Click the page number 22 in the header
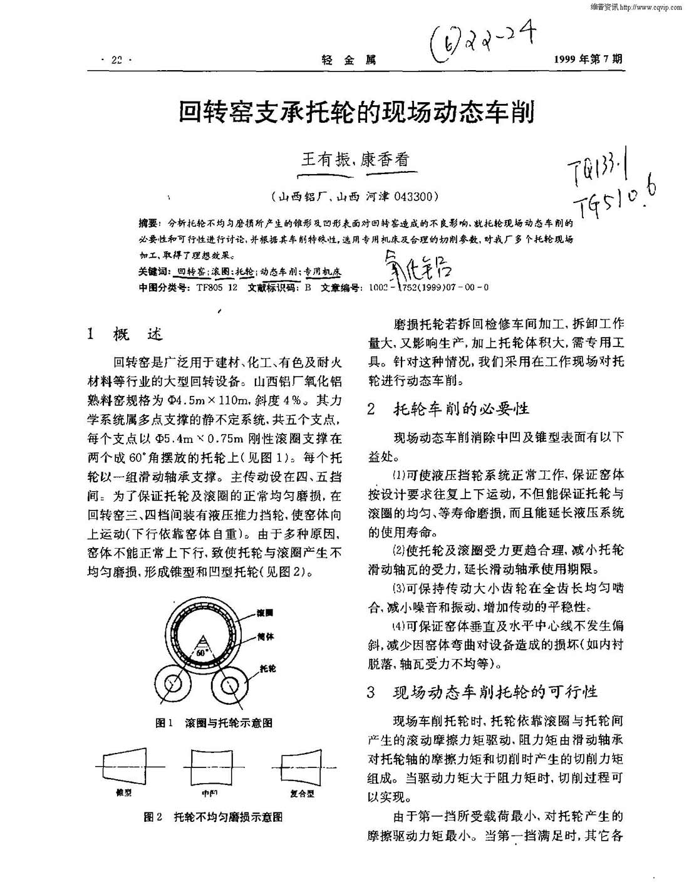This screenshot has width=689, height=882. click(x=116, y=61)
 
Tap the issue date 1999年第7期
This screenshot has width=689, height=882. click(x=588, y=60)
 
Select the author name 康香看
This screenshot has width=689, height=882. click(x=388, y=159)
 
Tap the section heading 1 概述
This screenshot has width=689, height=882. click(x=125, y=335)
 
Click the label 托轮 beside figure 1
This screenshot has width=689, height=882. click(x=267, y=668)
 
